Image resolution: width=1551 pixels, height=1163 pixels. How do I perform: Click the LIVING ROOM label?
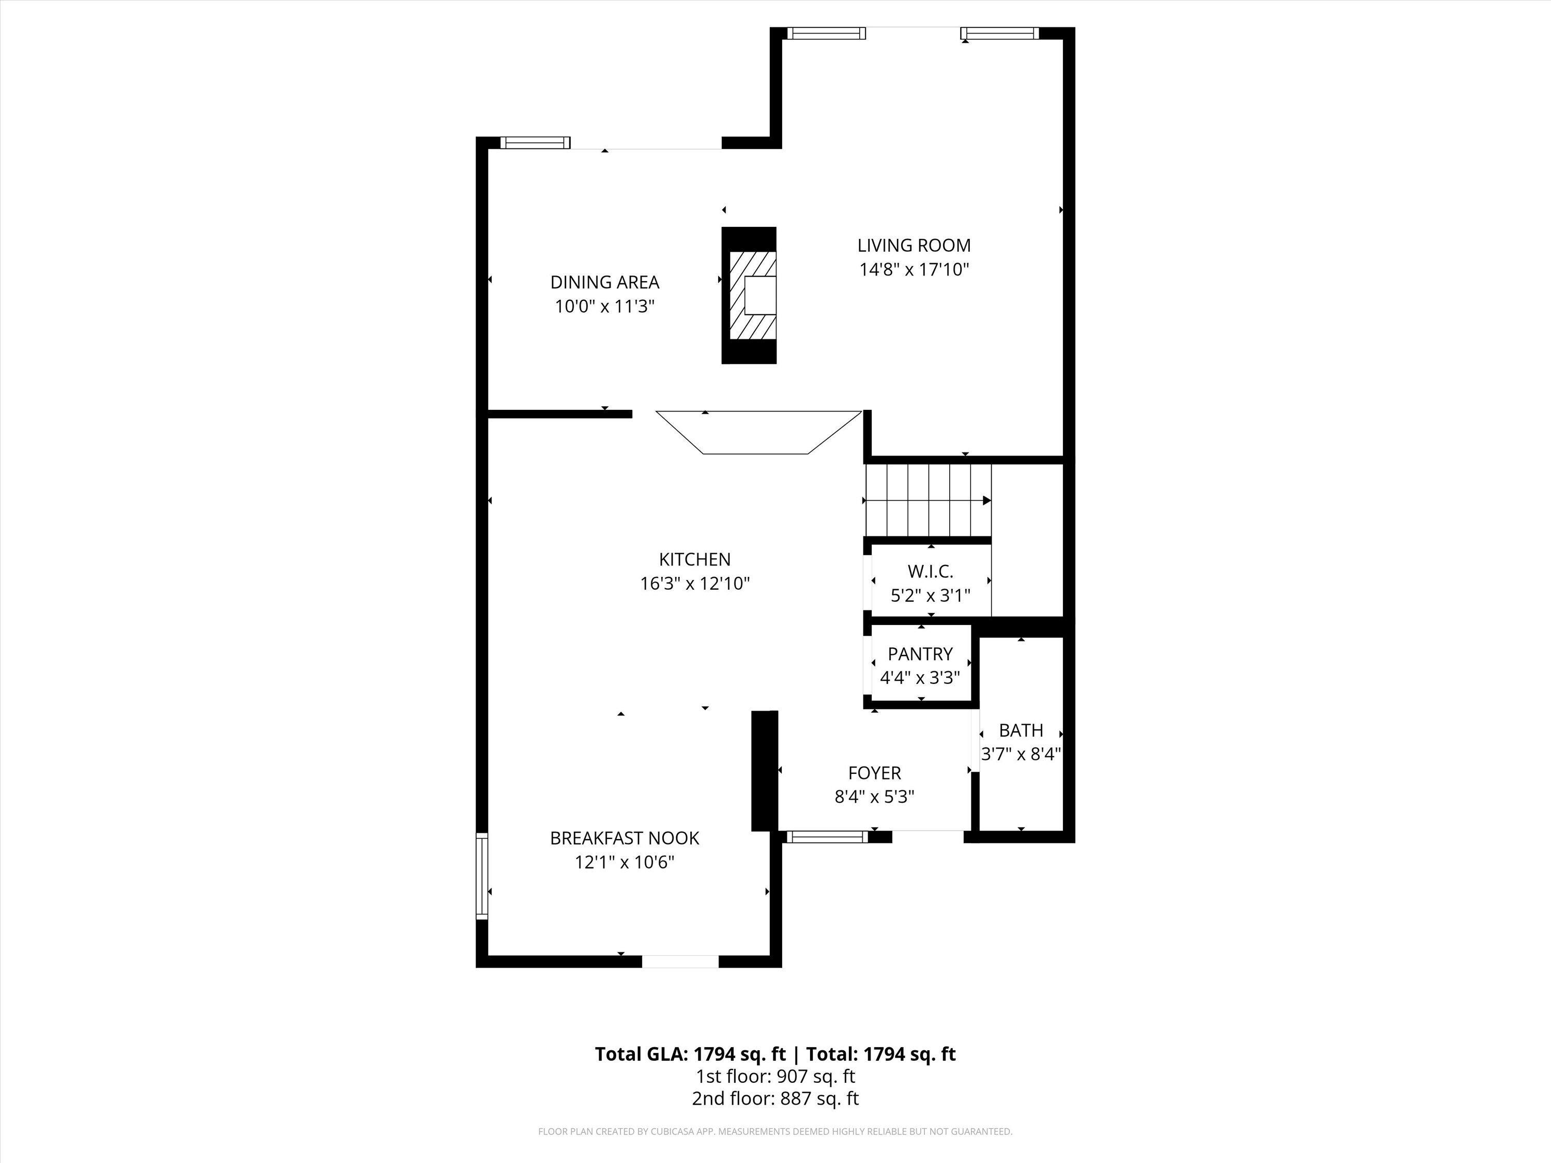point(914,246)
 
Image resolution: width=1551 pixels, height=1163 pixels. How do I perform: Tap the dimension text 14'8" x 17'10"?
point(914,269)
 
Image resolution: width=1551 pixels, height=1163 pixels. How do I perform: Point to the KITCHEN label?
point(694,559)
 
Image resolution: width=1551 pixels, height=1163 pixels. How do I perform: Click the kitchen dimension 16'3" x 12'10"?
point(694,583)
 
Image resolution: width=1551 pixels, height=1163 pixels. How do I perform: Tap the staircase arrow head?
point(986,500)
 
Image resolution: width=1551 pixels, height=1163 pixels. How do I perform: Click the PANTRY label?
point(920,653)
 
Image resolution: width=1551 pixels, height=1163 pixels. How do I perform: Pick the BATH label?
point(1021,730)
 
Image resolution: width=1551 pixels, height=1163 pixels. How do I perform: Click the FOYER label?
point(874,773)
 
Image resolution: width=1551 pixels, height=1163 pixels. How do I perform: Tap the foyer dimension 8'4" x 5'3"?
point(874,797)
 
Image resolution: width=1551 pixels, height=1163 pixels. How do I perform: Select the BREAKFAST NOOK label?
point(624,838)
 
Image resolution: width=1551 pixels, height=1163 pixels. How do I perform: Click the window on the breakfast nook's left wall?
point(482,876)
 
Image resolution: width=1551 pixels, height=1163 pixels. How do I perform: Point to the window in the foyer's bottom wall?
point(827,836)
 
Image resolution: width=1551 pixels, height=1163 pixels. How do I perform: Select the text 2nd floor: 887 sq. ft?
point(775,1098)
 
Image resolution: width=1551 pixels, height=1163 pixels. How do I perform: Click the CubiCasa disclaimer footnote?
point(775,1131)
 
